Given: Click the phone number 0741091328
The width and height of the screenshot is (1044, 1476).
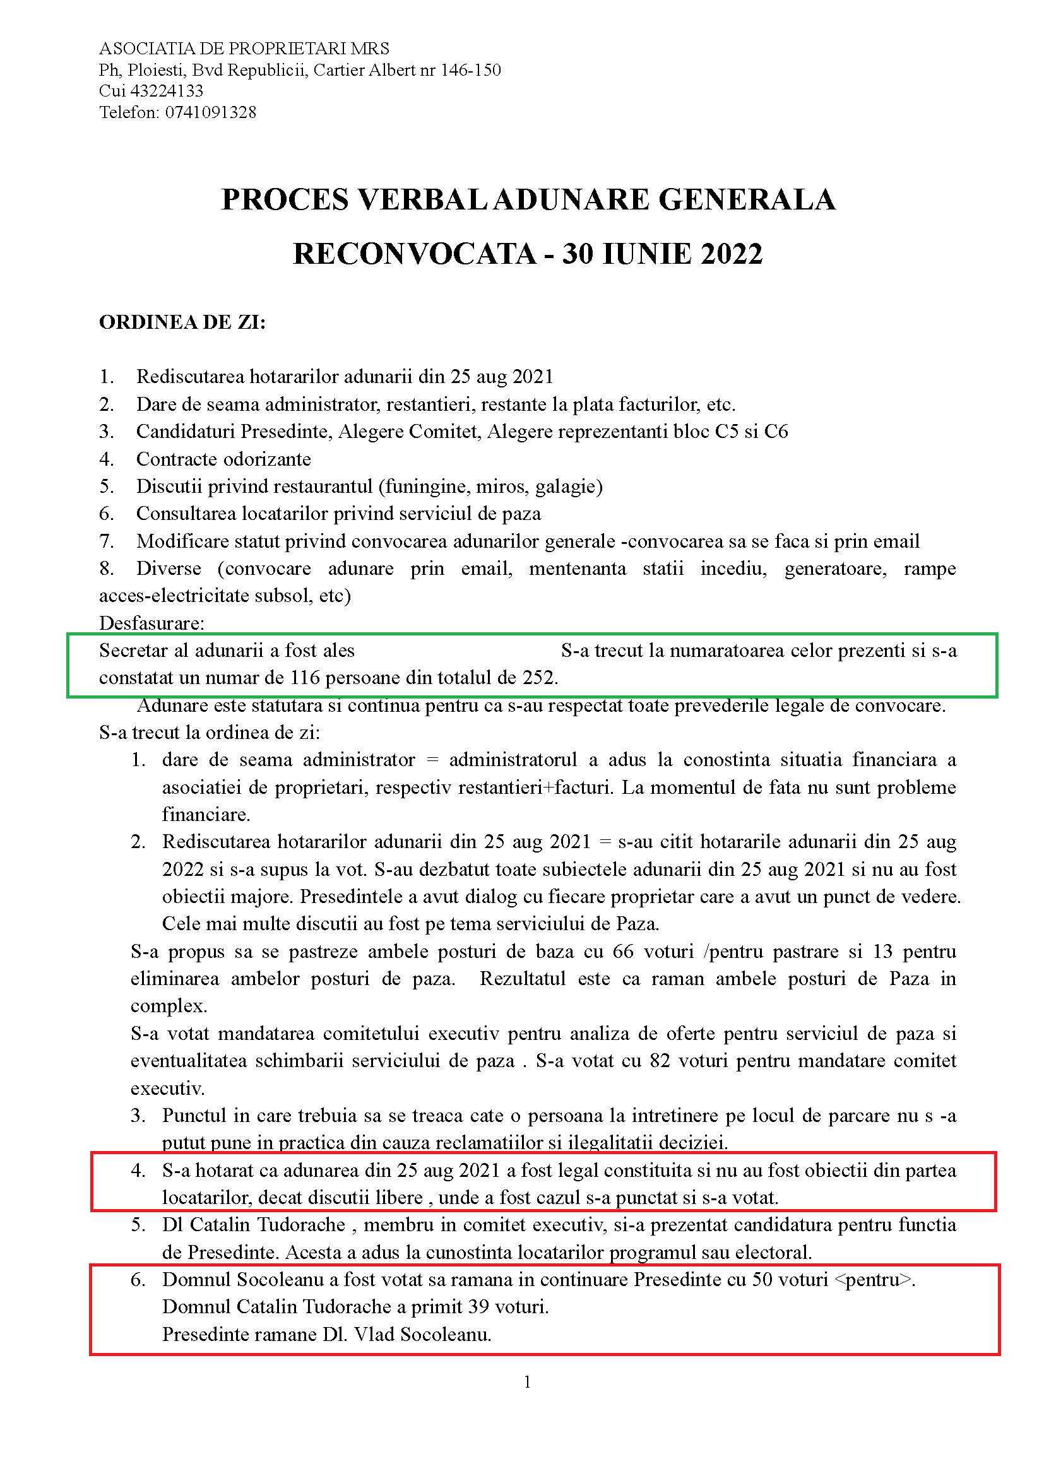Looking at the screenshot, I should pos(210,112).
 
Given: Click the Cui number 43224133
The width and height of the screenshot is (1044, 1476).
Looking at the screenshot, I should pos(167,92).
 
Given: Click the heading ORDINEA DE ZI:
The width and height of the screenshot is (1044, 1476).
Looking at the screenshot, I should pos(182,322).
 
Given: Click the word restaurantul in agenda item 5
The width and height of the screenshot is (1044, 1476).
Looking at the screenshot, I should pos(311,487).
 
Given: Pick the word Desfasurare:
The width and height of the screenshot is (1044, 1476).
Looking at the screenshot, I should pos(151,623).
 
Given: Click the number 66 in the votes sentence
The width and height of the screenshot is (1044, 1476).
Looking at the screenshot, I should pos(623,952).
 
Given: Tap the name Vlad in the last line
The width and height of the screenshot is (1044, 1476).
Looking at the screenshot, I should pos(374,1335).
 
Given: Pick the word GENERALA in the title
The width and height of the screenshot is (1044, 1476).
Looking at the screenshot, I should pos(747,200).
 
